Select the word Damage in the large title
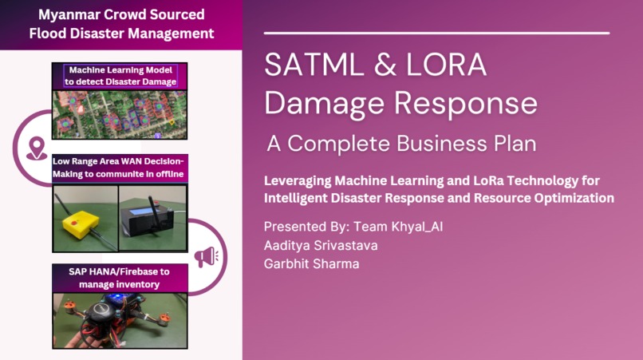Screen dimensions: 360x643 point(323,105)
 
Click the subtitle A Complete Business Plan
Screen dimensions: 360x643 point(401,144)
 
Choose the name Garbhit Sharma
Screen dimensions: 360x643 point(311,264)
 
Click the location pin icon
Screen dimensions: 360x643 point(36,148)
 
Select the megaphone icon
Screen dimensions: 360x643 point(206,257)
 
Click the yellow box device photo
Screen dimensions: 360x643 point(85,216)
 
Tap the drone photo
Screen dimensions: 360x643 point(120,319)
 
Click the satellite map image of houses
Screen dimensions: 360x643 point(120,113)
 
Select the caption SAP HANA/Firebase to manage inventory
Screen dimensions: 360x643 point(120,278)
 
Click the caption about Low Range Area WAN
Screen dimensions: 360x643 point(120,168)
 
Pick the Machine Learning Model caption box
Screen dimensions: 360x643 point(120,76)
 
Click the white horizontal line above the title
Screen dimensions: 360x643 point(436,33)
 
